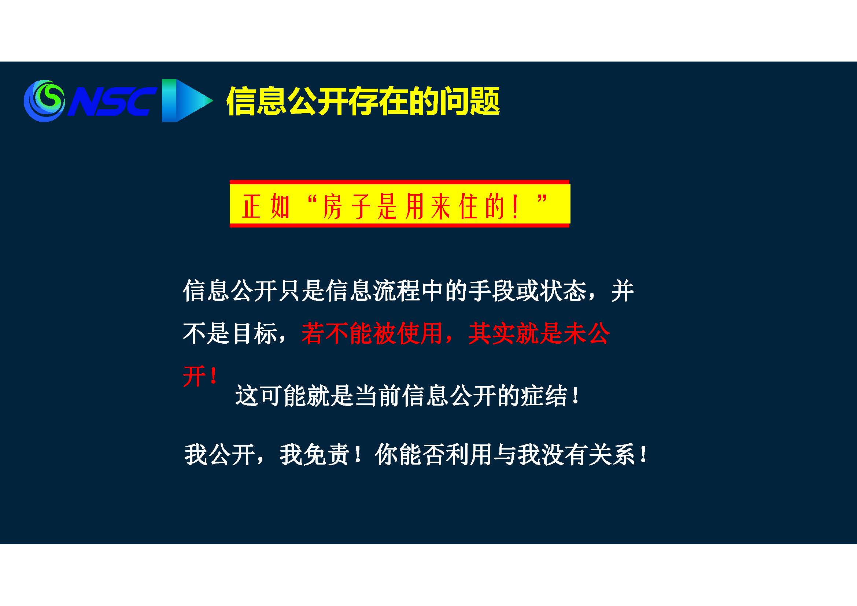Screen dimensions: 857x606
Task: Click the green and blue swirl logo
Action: coord(44,100)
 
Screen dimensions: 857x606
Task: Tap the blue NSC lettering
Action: coord(111,101)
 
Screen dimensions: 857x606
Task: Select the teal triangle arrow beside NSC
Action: coord(187,100)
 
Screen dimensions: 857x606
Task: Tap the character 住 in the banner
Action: coord(469,207)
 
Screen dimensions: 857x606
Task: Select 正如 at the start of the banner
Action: coord(265,207)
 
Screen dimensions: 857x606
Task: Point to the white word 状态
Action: coord(563,291)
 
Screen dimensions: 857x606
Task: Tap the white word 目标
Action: coord(254,333)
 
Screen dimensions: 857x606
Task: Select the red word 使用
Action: coord(420,333)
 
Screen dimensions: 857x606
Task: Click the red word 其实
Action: coord(492,333)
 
